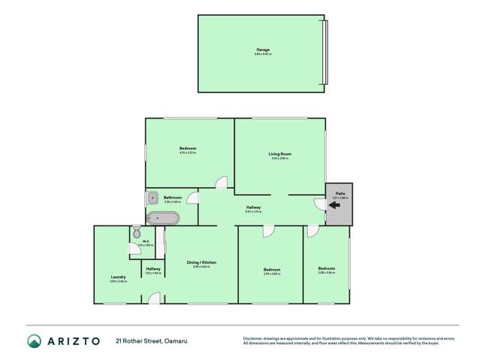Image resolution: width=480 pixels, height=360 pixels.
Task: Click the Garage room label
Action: pyautogui.click(x=262, y=50)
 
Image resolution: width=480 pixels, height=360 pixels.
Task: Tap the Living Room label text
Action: pyautogui.click(x=280, y=154)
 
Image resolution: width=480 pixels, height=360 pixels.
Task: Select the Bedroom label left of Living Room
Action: pyautogui.click(x=188, y=149)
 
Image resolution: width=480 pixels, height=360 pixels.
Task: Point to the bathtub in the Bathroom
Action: pyautogui.click(x=162, y=218)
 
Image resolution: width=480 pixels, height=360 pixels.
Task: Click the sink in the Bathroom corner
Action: pyautogui.click(x=151, y=198)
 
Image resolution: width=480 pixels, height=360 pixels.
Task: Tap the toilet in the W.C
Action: pyautogui.click(x=137, y=231)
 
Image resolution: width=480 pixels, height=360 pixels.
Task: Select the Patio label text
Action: pyautogui.click(x=340, y=193)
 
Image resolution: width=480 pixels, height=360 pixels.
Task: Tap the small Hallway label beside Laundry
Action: pyautogui.click(x=153, y=269)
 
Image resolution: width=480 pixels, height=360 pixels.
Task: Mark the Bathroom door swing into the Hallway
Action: pyautogui.click(x=193, y=198)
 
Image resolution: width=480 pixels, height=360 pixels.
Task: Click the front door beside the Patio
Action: pyautogui.click(x=320, y=204)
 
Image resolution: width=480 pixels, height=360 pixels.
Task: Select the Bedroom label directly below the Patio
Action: pyautogui.click(x=326, y=269)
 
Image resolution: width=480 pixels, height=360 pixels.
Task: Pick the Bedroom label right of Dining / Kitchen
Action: pyautogui.click(x=272, y=270)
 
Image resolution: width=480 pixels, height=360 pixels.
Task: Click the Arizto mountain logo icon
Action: pyautogui.click(x=34, y=341)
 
